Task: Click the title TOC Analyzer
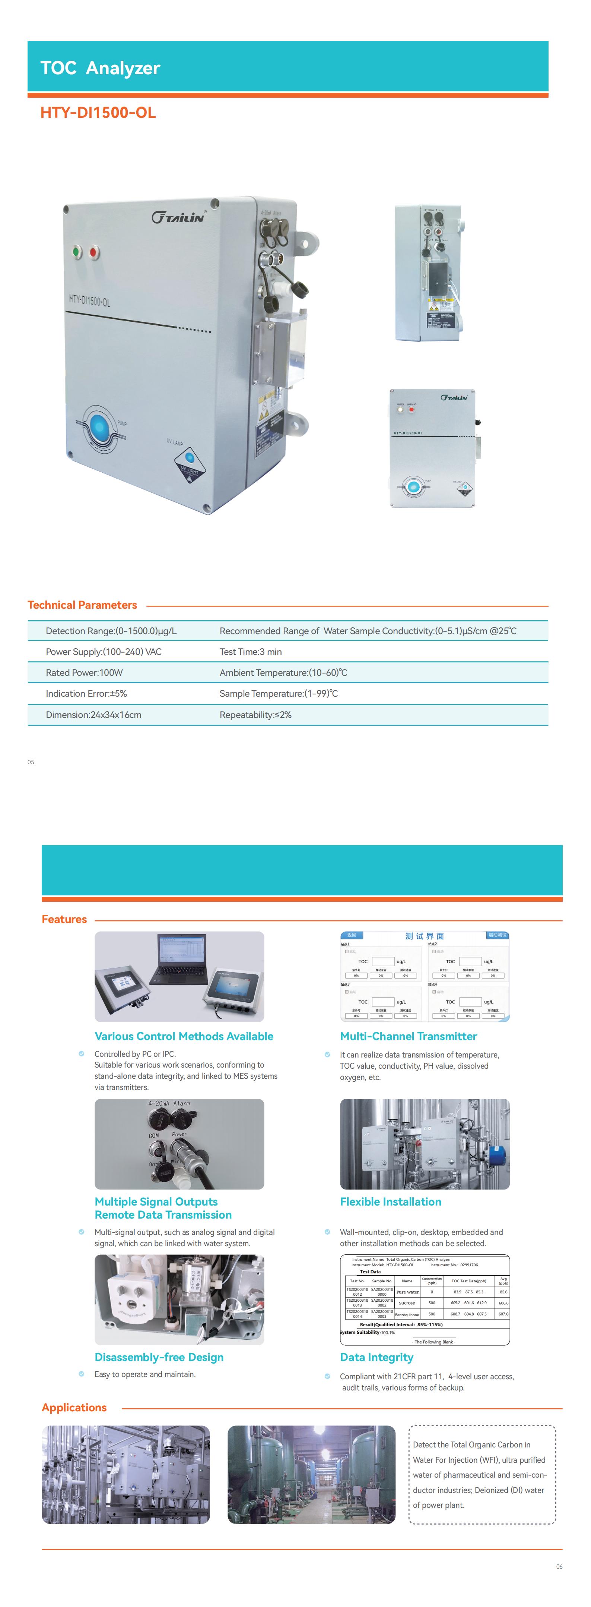pos(101,68)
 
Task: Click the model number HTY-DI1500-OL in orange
pos(98,113)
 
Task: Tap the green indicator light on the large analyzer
pos(77,252)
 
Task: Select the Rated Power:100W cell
pos(84,672)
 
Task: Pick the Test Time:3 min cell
pos(251,652)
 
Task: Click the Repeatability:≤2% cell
pos(255,715)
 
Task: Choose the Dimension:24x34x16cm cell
pos(93,715)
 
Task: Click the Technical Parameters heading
pos(82,605)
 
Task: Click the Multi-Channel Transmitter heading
pos(409,1036)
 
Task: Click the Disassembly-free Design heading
pos(159,1358)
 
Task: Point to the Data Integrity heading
pos(376,1358)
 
